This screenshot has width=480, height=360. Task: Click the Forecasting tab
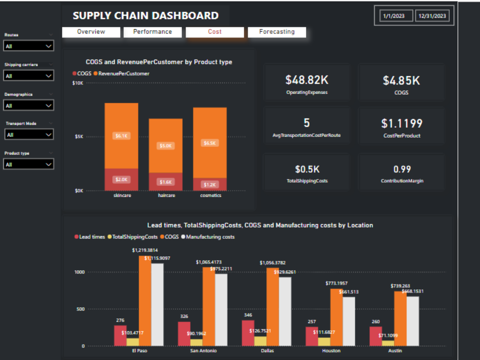coord(277,32)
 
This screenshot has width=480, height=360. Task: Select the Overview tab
coord(91,32)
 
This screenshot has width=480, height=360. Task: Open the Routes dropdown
coord(29,46)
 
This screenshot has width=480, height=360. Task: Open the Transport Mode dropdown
coord(29,135)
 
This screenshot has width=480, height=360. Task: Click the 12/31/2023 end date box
coord(432,16)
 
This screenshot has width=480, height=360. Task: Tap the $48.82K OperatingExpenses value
coord(307,80)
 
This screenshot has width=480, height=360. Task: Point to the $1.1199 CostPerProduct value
coord(402,124)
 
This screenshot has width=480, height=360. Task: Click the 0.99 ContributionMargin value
coord(402,169)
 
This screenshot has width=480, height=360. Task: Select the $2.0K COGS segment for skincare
coord(121,180)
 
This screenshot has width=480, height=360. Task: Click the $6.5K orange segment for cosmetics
coord(210,143)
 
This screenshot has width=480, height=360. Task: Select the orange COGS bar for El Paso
coord(145,300)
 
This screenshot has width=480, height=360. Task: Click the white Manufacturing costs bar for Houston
coord(349,321)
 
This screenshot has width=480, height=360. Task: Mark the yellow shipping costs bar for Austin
coord(388,343)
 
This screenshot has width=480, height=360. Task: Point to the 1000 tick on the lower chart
coord(79,272)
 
